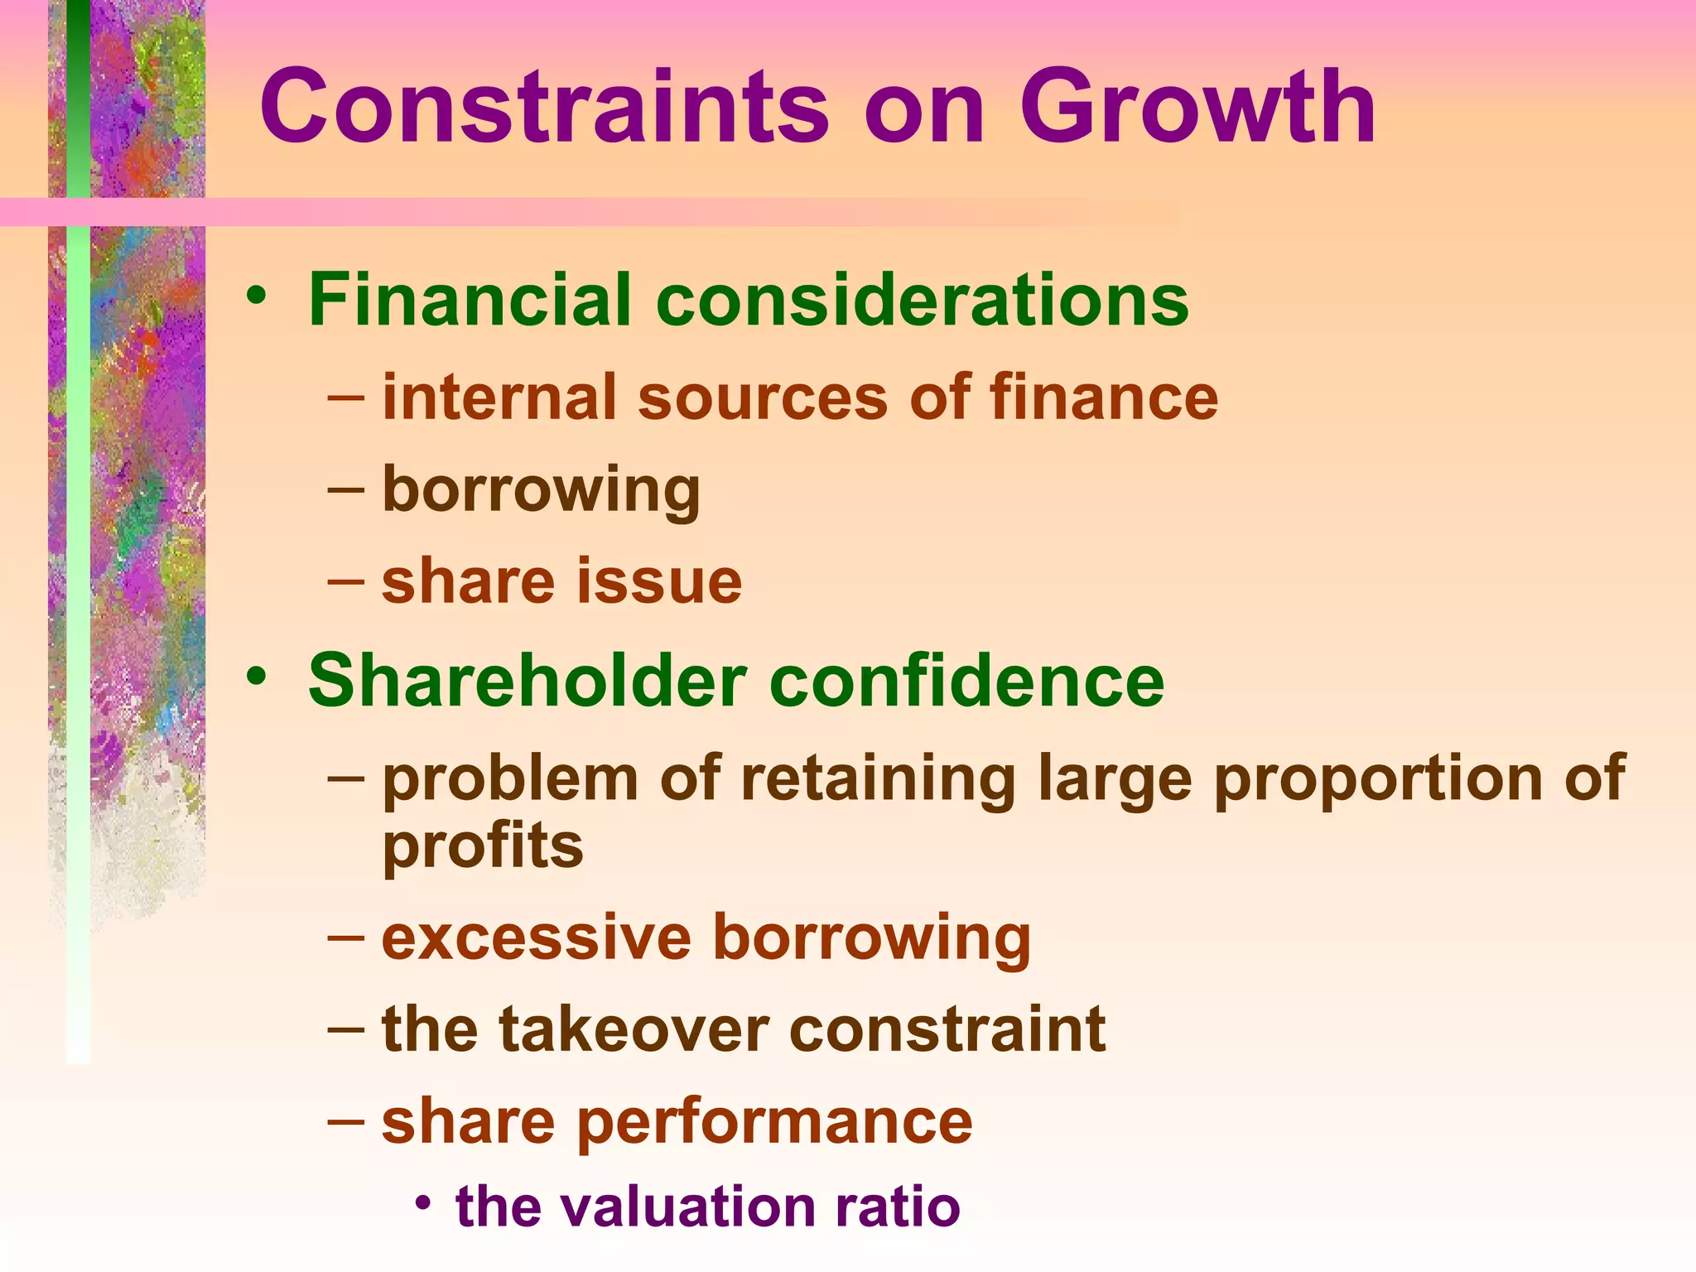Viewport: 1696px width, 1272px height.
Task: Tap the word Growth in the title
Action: (x=1197, y=108)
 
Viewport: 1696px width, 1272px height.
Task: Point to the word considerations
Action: (x=923, y=299)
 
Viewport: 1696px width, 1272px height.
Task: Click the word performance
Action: (x=774, y=1122)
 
